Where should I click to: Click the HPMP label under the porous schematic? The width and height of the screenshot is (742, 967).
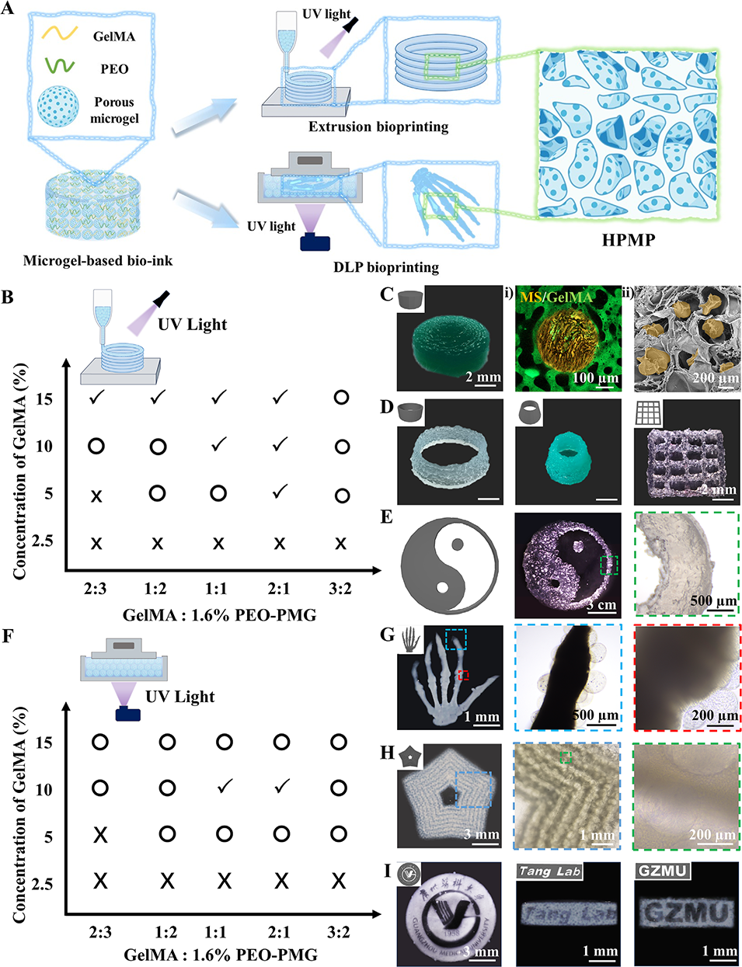pyautogui.click(x=629, y=239)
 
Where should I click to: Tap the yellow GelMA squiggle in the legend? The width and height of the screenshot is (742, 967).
pyautogui.click(x=60, y=33)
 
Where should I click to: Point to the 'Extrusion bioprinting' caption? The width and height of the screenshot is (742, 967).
pyautogui.click(x=378, y=127)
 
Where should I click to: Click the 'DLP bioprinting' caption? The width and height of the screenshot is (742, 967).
pyautogui.click(x=386, y=267)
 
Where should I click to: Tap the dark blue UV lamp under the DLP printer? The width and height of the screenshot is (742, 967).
pyautogui.click(x=315, y=242)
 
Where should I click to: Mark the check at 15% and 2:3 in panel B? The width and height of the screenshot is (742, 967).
pyautogui.click(x=96, y=398)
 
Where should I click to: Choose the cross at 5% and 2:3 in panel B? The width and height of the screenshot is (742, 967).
pyautogui.click(x=96, y=496)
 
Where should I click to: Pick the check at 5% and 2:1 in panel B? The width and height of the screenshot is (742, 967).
pyautogui.click(x=280, y=492)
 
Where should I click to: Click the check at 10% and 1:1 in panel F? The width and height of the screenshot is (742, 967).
pyautogui.click(x=224, y=788)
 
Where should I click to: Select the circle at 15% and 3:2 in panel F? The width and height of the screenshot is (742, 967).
pyautogui.click(x=339, y=742)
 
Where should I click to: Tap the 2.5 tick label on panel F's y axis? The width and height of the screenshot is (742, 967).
pyautogui.click(x=43, y=884)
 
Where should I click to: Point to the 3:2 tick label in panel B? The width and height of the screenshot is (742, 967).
pyautogui.click(x=340, y=589)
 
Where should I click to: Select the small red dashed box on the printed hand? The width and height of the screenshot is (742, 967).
pyautogui.click(x=464, y=675)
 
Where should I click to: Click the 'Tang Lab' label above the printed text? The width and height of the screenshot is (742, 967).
pyautogui.click(x=549, y=871)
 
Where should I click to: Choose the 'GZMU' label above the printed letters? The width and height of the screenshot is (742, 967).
pyautogui.click(x=662, y=871)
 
